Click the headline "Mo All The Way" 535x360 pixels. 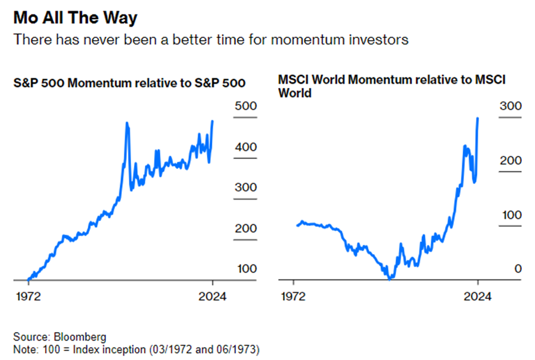pyautogui.click(x=75, y=18)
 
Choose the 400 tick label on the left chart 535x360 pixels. pyautogui.click(x=245, y=147)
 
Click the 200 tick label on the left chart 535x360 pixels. pyautogui.click(x=245, y=228)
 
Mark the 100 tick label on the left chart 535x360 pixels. pyautogui.click(x=245, y=269)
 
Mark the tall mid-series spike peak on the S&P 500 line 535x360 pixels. pyautogui.click(x=127, y=123)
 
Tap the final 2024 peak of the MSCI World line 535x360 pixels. pyautogui.click(x=478, y=118)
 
